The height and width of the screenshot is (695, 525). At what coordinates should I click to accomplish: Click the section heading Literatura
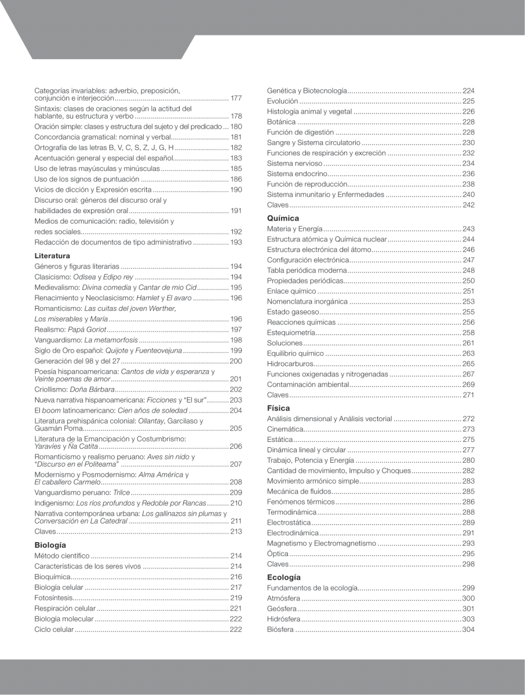(52, 255)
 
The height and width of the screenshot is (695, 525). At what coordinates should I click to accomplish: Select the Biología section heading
(50, 545)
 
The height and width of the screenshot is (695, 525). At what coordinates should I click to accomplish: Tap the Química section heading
(283, 218)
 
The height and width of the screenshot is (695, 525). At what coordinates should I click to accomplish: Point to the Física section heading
(278, 408)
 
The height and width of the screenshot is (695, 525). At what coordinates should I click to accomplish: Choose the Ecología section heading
(284, 577)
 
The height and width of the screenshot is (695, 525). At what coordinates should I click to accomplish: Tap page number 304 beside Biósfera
(468, 630)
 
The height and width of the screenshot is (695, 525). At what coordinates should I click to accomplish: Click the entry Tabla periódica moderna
(306, 270)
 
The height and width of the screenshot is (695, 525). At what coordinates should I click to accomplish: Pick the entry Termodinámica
(291, 512)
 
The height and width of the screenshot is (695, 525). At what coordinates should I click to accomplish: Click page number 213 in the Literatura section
(236, 531)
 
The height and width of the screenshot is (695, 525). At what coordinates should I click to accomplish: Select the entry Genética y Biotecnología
(307, 90)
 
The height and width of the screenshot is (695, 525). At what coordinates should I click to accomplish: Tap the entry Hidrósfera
(283, 619)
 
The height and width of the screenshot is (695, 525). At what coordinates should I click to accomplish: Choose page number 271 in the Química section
(468, 394)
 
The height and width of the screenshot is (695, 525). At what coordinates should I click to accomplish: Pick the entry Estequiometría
(291, 332)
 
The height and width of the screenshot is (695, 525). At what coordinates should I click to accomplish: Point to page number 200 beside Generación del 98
(236, 361)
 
